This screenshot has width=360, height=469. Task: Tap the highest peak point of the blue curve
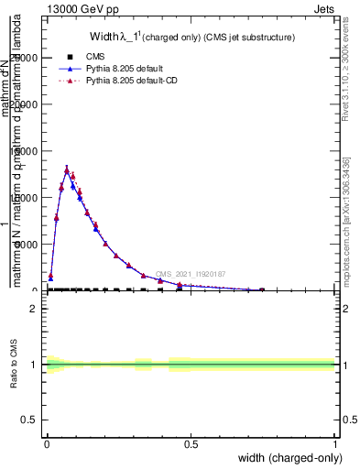tap(67, 169)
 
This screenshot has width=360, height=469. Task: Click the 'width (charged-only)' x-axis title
tap(287, 459)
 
